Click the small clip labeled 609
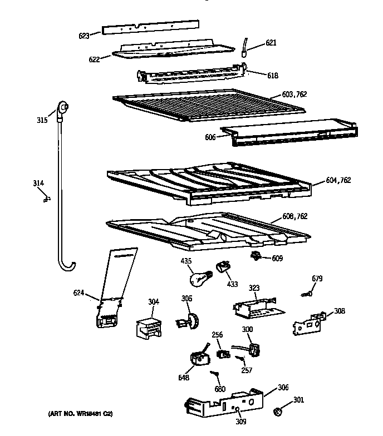tap(257, 256)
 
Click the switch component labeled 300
tap(254, 350)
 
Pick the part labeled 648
tap(197, 359)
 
